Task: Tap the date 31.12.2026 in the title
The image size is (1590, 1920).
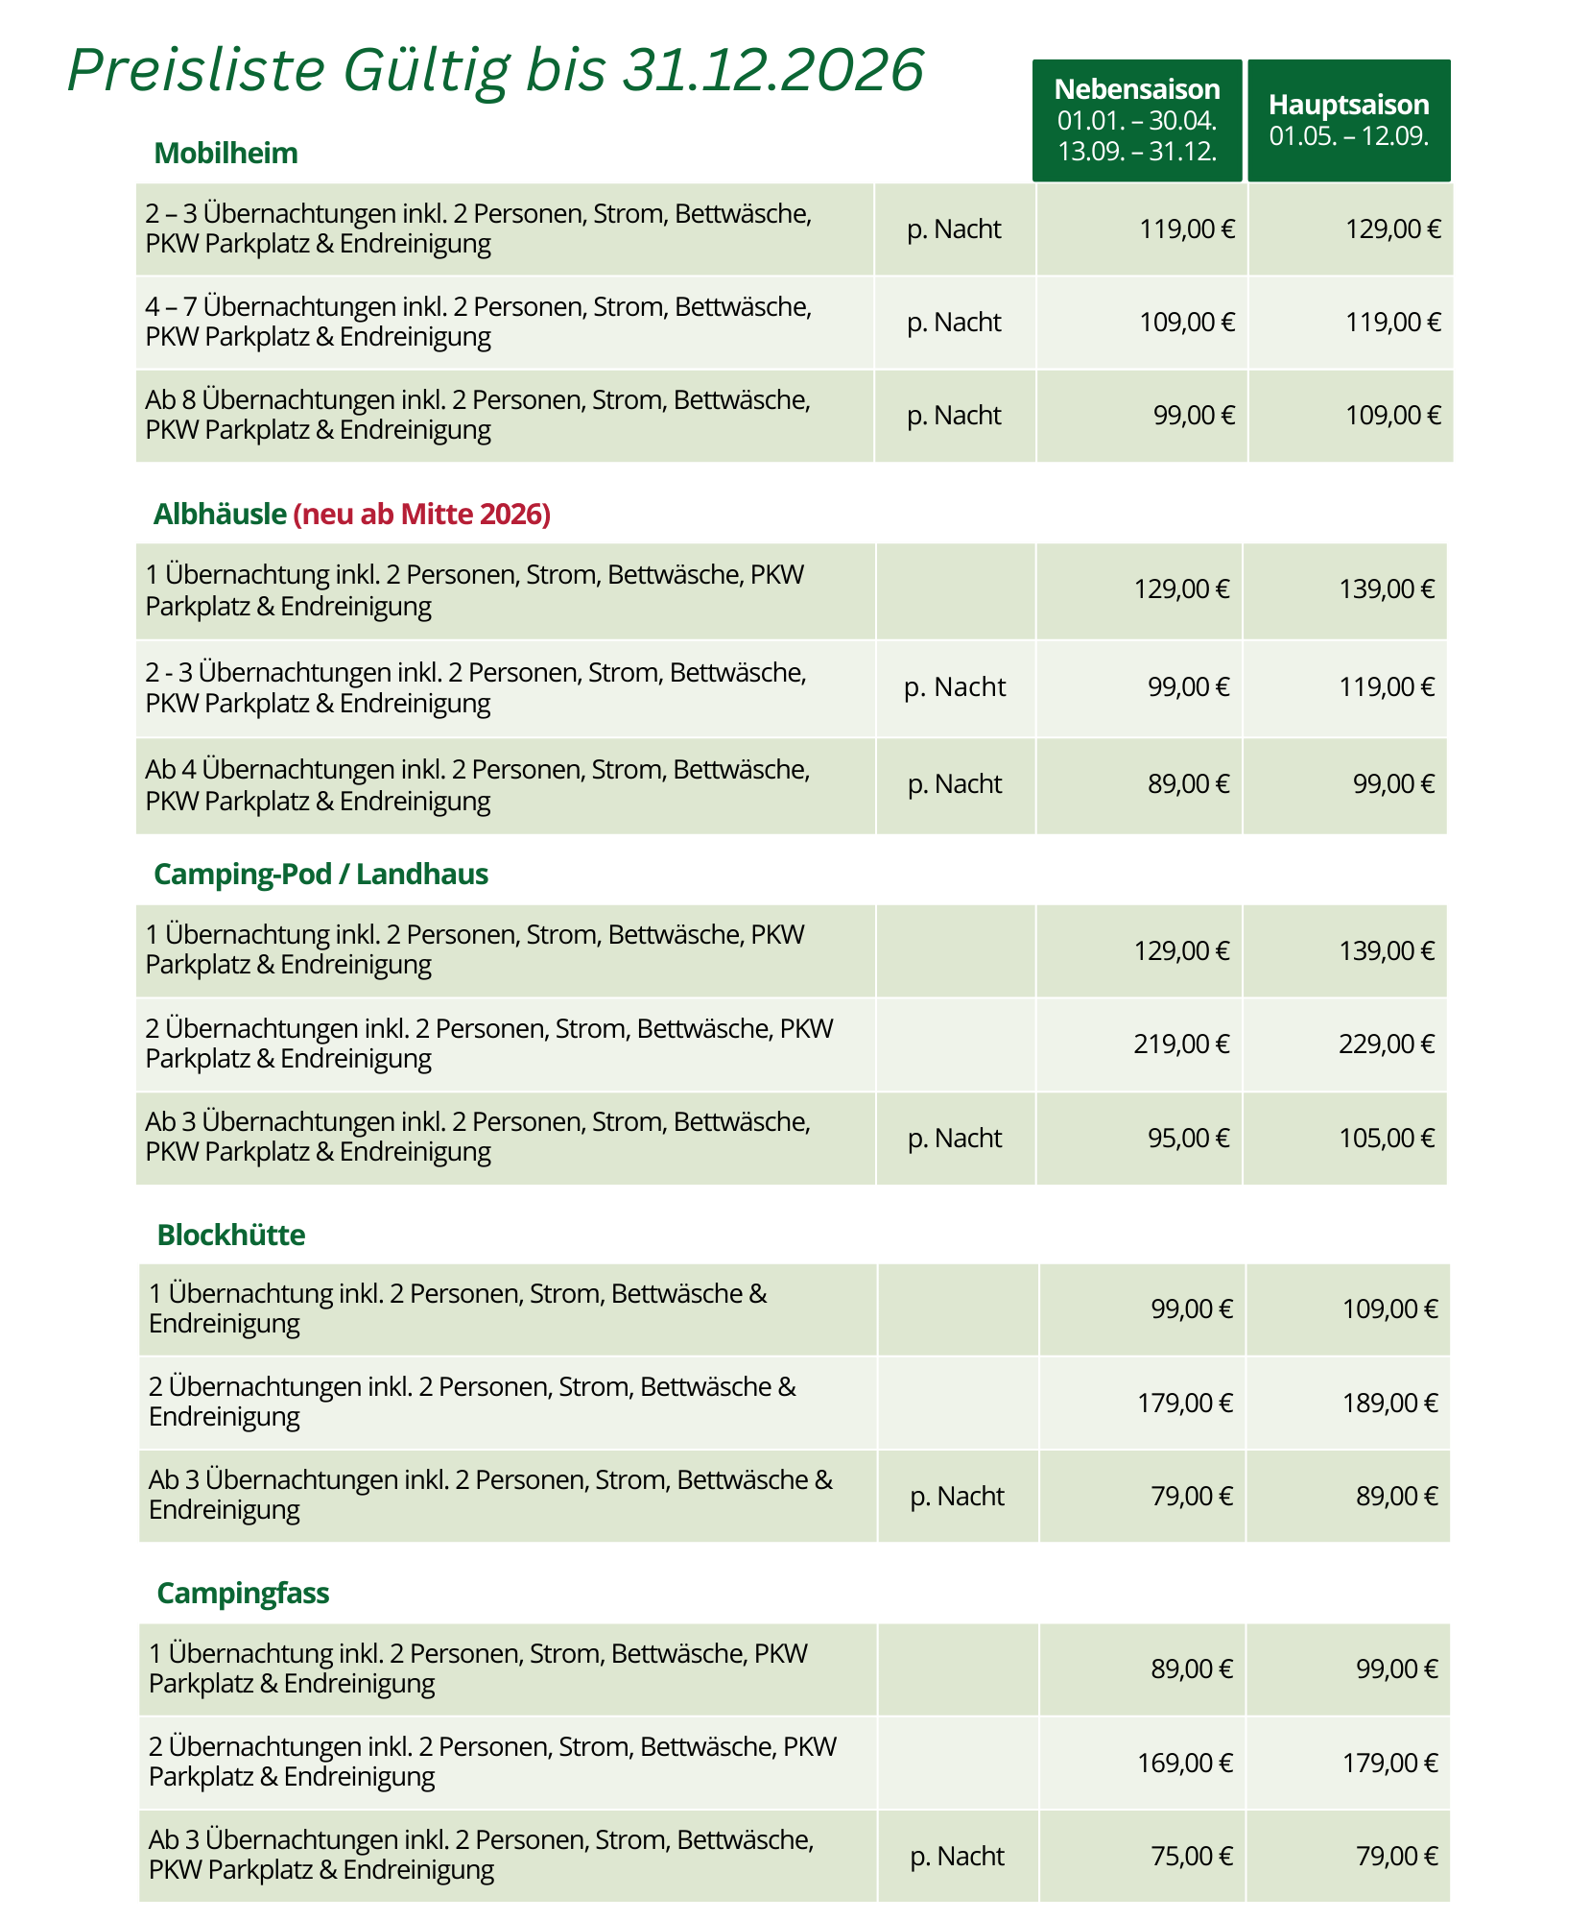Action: pos(772,70)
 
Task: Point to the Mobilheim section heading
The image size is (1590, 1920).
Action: pos(225,154)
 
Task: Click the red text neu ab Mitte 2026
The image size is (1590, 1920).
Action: pos(422,515)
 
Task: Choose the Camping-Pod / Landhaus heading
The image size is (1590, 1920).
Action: pos(320,875)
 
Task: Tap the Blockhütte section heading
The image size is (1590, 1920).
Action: pos(231,1235)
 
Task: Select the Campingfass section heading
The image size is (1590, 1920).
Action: pos(243,1594)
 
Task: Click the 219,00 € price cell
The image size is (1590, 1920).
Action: pos(1181,1044)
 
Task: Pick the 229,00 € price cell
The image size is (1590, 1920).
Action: pos(1387,1044)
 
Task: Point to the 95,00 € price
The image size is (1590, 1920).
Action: pos(1188,1139)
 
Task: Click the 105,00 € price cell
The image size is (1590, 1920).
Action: pos(1387,1139)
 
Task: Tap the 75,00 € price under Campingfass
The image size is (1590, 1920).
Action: pos(1191,1857)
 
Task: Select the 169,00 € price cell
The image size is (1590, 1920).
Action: pos(1185,1764)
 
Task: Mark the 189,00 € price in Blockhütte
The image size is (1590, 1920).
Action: pos(1389,1404)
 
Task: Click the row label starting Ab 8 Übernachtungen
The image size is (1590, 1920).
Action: pos(478,415)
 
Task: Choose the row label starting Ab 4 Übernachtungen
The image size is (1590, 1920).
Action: pos(478,785)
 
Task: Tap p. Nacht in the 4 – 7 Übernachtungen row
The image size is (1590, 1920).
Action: pos(954,323)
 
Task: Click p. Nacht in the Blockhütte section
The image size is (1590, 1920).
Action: pos(957,1497)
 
